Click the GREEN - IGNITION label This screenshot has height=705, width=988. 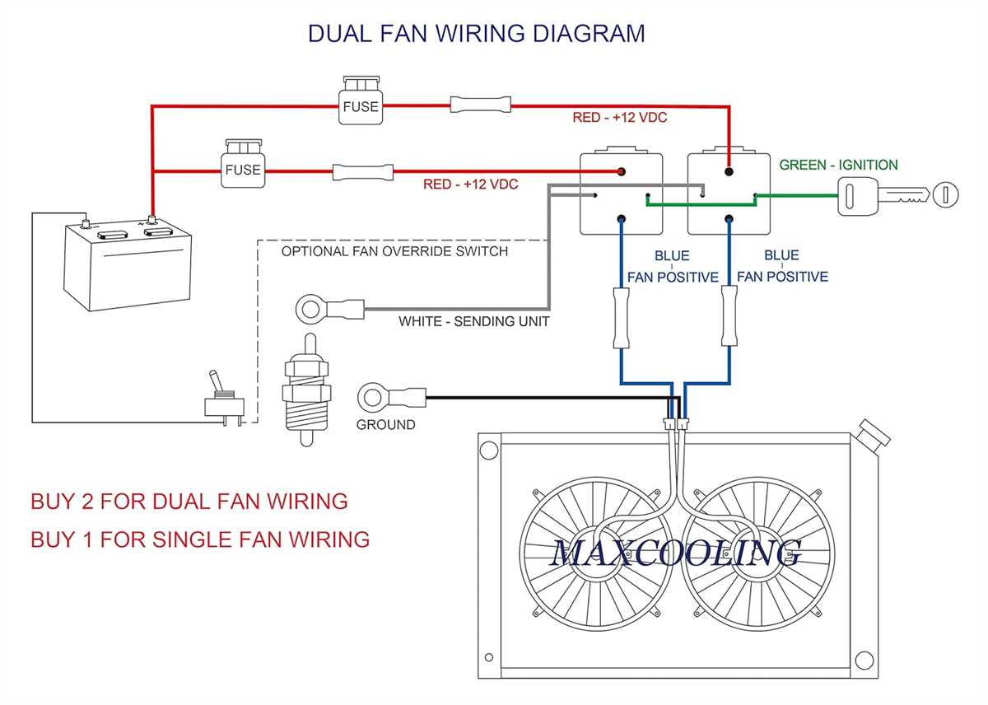(x=838, y=165)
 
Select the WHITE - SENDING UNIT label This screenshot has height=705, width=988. (x=473, y=321)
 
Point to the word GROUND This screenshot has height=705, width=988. (x=385, y=425)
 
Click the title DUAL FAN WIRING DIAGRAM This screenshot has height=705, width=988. (x=476, y=33)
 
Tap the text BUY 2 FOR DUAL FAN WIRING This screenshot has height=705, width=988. (x=189, y=501)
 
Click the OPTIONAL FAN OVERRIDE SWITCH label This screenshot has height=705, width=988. (x=394, y=250)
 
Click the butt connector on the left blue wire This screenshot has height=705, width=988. (x=620, y=318)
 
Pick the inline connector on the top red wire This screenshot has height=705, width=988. (x=480, y=105)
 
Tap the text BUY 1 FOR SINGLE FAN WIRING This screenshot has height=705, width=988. (x=200, y=539)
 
